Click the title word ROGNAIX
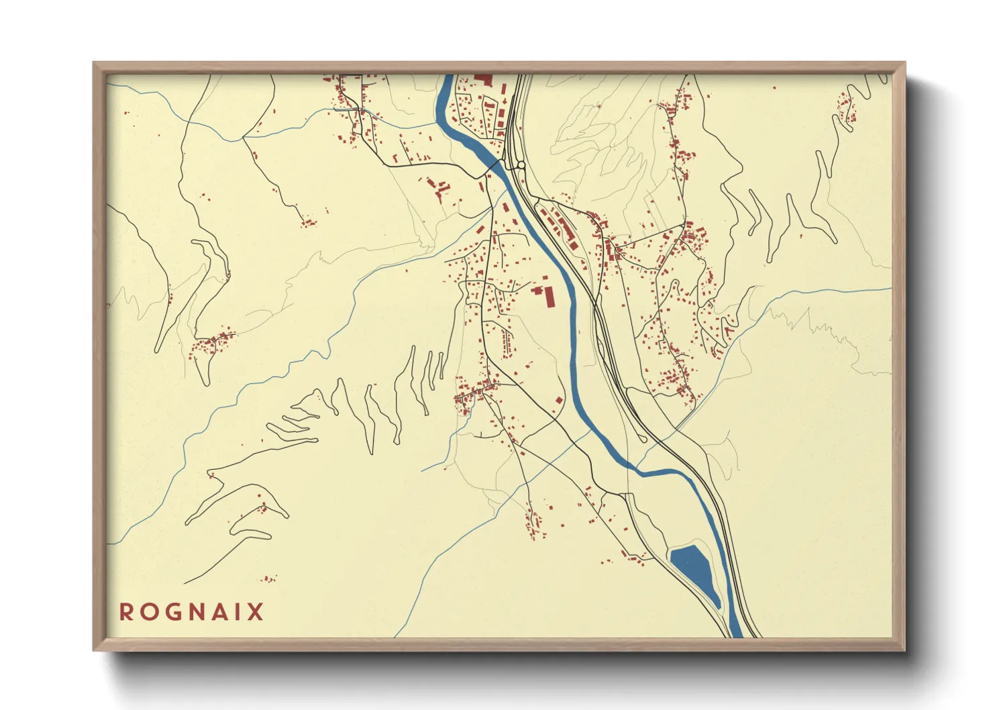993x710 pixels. click(192, 612)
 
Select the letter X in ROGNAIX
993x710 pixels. click(256, 612)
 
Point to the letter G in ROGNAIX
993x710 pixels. click(171, 612)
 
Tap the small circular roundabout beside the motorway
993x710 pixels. click(521, 164)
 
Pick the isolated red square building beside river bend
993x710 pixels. click(559, 400)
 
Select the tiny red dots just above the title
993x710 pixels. click(268, 578)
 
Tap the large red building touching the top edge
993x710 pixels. click(483, 79)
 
